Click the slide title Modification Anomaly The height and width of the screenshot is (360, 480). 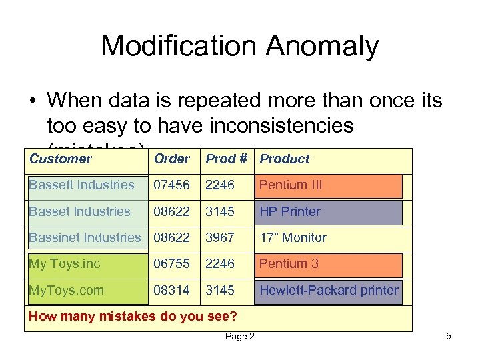pos(239,47)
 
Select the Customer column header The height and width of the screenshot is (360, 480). pos(60,159)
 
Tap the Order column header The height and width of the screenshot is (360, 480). pos(171,159)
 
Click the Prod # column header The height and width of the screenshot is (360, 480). pos(226,159)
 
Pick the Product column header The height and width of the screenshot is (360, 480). pos(285,159)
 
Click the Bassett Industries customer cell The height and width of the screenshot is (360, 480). pos(81,185)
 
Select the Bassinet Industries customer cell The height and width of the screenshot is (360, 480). pos(85,237)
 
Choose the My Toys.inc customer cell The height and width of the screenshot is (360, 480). pos(64,263)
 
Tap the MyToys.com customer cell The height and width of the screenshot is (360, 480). pos(66,290)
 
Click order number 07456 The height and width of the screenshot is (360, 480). pos(171,185)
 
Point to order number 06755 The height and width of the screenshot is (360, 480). pos(171,263)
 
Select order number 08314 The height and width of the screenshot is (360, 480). pos(171,290)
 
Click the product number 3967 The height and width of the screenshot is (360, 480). pos(220,237)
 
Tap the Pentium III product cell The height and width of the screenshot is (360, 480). pos(291,185)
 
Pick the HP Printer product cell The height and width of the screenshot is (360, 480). pos(290,211)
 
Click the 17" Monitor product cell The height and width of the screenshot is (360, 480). pos(293,237)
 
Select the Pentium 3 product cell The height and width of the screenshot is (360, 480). pos(289,263)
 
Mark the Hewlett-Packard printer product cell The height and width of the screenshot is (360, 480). pos(329,290)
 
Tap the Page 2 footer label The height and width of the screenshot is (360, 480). pos(239,337)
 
